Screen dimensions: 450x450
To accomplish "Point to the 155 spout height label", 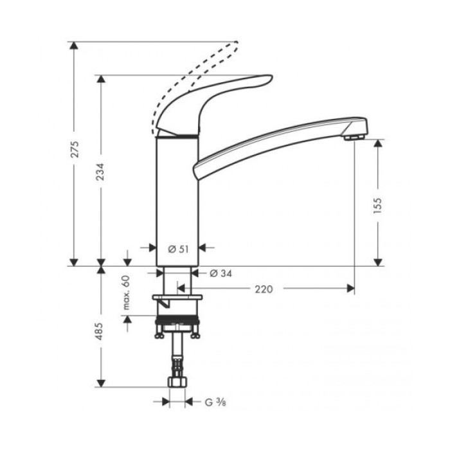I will (378, 204).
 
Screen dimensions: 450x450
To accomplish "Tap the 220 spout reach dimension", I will (264, 289).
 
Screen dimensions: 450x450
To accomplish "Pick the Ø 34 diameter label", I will (221, 273).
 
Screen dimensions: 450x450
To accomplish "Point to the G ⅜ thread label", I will (214, 402).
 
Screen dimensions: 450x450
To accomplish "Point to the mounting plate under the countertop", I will (177, 297).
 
